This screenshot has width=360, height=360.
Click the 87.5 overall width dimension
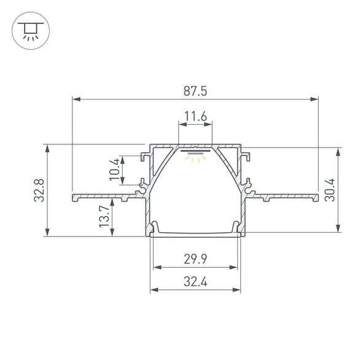(x=195, y=90)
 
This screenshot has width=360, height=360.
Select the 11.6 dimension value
(x=195, y=115)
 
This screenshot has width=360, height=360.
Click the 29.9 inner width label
(x=195, y=259)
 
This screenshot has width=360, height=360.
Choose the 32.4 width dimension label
(x=195, y=282)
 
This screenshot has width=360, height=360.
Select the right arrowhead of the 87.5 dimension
(x=315, y=98)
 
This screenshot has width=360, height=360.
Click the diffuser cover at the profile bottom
(x=195, y=233)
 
